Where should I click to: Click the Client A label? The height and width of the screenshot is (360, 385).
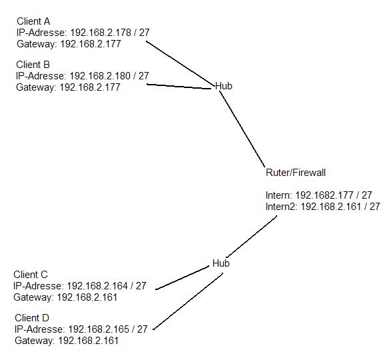pyautogui.click(x=33, y=21)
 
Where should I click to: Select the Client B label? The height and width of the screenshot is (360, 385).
pyautogui.click(x=33, y=65)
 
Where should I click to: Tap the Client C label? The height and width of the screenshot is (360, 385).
pyautogui.click(x=31, y=275)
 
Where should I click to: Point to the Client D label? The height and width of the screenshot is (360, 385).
pyautogui.click(x=32, y=318)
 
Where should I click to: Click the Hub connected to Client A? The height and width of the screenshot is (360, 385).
pyautogui.click(x=224, y=86)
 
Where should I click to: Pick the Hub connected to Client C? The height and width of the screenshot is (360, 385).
pyautogui.click(x=221, y=263)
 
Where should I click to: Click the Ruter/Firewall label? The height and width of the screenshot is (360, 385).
pyautogui.click(x=296, y=173)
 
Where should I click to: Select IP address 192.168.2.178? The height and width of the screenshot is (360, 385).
pyautogui.click(x=101, y=33)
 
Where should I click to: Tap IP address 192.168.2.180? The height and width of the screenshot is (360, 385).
pyautogui.click(x=100, y=76)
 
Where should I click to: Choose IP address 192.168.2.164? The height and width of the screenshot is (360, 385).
pyautogui.click(x=97, y=286)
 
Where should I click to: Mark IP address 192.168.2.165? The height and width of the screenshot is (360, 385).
pyautogui.click(x=99, y=329)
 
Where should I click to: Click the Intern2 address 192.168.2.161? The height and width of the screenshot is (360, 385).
pyautogui.click(x=331, y=207)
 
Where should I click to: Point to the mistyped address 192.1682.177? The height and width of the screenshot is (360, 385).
pyautogui.click(x=324, y=195)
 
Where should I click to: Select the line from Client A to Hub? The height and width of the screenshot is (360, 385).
pyautogui.click(x=180, y=63)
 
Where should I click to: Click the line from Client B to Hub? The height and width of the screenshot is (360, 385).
pyautogui.click(x=179, y=86)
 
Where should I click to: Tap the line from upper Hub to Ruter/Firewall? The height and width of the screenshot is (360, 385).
pyautogui.click(x=242, y=129)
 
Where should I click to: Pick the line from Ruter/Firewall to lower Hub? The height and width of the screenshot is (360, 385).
pyautogui.click(x=252, y=237)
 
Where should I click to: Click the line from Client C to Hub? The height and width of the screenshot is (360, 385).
pyautogui.click(x=183, y=278)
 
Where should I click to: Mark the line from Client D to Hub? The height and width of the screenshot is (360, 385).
pyautogui.click(x=188, y=301)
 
